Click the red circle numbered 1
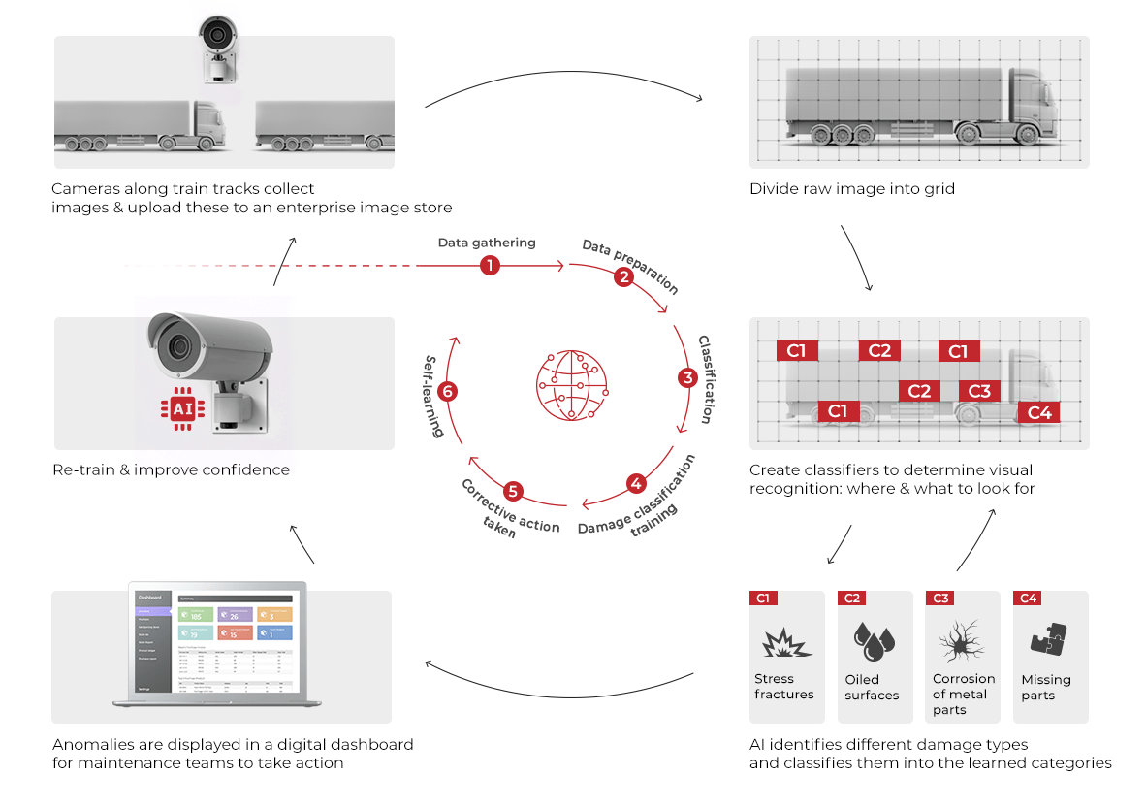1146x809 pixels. coord(490,265)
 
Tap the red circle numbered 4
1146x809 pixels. coord(636,483)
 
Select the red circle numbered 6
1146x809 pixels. coord(447,392)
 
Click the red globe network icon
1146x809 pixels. coord(571,385)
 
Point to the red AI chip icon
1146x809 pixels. coord(181,409)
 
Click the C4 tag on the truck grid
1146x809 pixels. coord(1038,412)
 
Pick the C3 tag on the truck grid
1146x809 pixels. coord(979,390)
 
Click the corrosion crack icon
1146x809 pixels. coord(961,640)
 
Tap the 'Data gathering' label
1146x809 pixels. coord(487,243)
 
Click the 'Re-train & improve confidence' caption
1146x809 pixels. coord(172,469)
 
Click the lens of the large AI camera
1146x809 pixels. coord(177,345)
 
